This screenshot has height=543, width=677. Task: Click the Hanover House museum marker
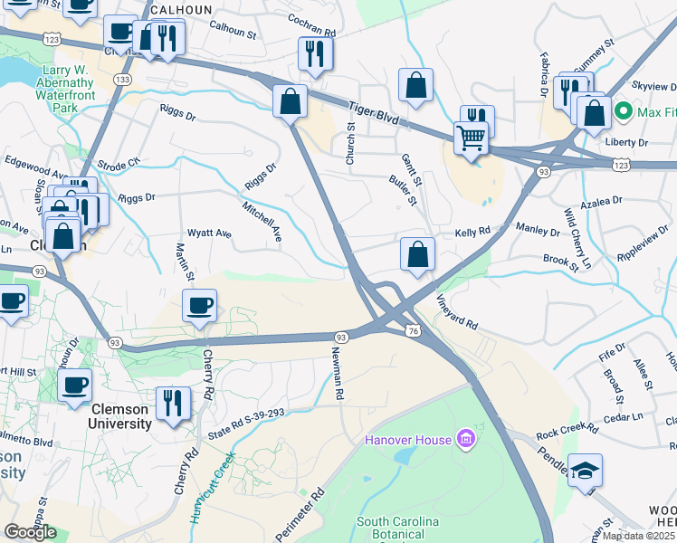point(467,441)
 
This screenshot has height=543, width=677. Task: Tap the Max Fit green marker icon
point(623,112)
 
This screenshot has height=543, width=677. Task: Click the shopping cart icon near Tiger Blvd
point(471,138)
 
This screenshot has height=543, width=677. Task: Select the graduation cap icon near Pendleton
point(585,472)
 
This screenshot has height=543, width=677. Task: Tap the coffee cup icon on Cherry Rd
point(199,306)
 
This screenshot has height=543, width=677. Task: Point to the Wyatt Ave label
point(209,233)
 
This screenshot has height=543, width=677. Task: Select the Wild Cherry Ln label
point(576,240)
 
